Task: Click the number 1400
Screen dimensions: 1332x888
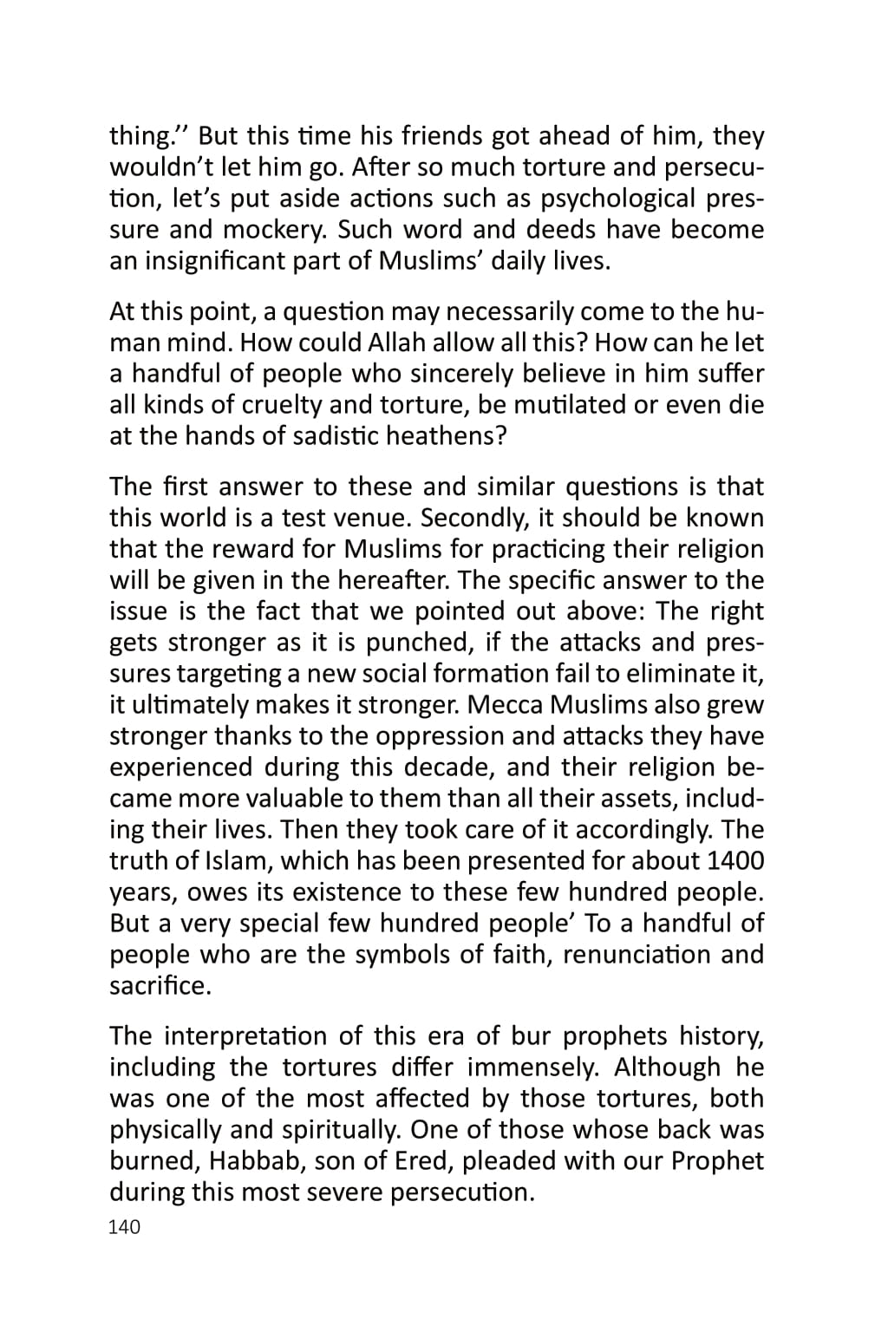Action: [735, 861]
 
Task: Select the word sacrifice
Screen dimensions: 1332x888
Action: [160, 986]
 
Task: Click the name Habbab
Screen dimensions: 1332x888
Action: [254, 1161]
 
